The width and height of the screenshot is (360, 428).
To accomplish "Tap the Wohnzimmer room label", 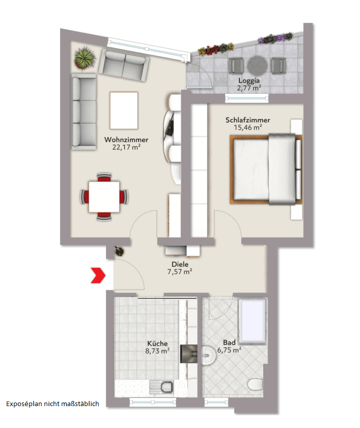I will pyautogui.click(x=126, y=140).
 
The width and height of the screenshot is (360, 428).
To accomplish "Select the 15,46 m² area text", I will pyautogui.click(x=247, y=127).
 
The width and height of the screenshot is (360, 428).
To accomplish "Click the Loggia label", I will pyautogui.click(x=249, y=81).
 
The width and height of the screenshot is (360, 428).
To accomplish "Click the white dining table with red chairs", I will pyautogui.click(x=104, y=197).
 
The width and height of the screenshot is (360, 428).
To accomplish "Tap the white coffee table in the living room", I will pyautogui.click(x=124, y=111).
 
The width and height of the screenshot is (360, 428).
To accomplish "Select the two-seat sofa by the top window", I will pyautogui.click(x=125, y=62).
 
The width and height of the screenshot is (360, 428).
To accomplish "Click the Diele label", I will pyautogui.click(x=180, y=264).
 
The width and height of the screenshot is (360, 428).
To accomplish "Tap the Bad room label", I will pyautogui.click(x=229, y=343).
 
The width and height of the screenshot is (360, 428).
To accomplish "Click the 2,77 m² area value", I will pyautogui.click(x=249, y=88).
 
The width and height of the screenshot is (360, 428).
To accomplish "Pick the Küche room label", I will pyautogui.click(x=157, y=343).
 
